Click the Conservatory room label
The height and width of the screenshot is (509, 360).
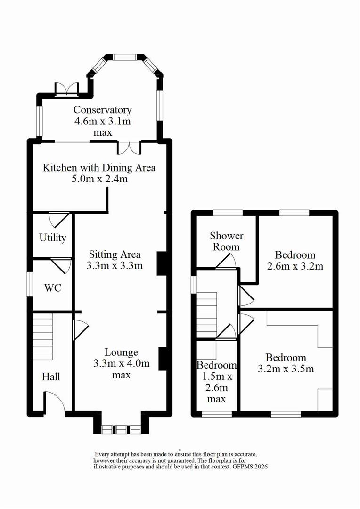pos(103,110)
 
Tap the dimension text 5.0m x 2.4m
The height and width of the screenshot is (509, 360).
pos(99,179)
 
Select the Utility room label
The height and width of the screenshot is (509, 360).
pos(53,238)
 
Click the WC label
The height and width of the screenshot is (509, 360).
pos(53,287)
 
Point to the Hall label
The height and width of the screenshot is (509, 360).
pos(51,377)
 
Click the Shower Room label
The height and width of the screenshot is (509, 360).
pos(226,241)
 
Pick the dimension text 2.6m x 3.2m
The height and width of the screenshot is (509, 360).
pos(295,266)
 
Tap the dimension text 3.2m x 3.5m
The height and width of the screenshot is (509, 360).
pos(286,369)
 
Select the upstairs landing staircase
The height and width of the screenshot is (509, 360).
pos(207,315)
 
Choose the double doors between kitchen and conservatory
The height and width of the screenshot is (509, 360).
pos(129,147)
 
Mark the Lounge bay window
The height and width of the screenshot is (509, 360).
pos(121,429)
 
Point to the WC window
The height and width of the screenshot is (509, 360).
pos(30,284)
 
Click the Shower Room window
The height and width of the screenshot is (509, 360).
pos(228,213)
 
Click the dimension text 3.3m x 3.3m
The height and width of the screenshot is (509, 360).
pos(115,265)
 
